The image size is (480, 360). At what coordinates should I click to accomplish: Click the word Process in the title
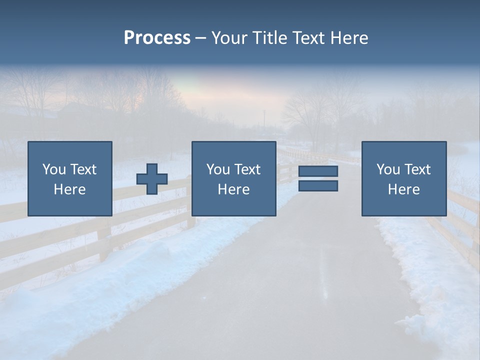157,38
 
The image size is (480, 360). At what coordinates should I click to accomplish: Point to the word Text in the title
311,38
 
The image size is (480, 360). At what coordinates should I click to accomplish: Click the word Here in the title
350,38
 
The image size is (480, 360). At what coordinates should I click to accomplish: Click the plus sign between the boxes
152,179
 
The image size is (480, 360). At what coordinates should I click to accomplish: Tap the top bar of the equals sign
318,171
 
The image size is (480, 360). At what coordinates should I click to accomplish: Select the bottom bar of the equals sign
318,186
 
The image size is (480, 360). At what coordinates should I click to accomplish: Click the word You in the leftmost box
54,169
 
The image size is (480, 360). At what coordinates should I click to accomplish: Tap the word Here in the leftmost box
70,189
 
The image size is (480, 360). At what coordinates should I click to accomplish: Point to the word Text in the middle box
248,169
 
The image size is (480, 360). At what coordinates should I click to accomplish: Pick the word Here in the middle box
234,189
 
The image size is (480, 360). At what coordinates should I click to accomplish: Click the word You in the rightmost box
388,169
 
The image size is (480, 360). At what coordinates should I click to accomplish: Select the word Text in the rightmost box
418,169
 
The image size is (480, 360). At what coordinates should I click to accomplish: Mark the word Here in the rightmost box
404,189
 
